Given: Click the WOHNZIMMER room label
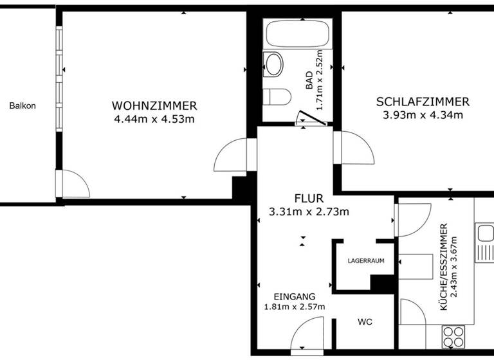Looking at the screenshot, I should tap(154, 105).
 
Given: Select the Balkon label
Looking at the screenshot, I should tap(23, 106).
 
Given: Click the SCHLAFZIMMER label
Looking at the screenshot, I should tap(423, 102).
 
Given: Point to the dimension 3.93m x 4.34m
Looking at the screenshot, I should tap(423, 116).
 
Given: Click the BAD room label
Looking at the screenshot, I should tap(309, 80).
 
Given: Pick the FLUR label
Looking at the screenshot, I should tap(309, 199).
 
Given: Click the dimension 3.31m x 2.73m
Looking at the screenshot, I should tap(309, 212).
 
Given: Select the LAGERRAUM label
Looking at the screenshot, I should tap(365, 261).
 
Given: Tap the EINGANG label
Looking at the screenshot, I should tap(295, 296).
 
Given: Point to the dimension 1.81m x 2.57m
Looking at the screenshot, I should tap(295, 307).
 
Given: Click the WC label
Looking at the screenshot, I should tap(365, 321).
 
